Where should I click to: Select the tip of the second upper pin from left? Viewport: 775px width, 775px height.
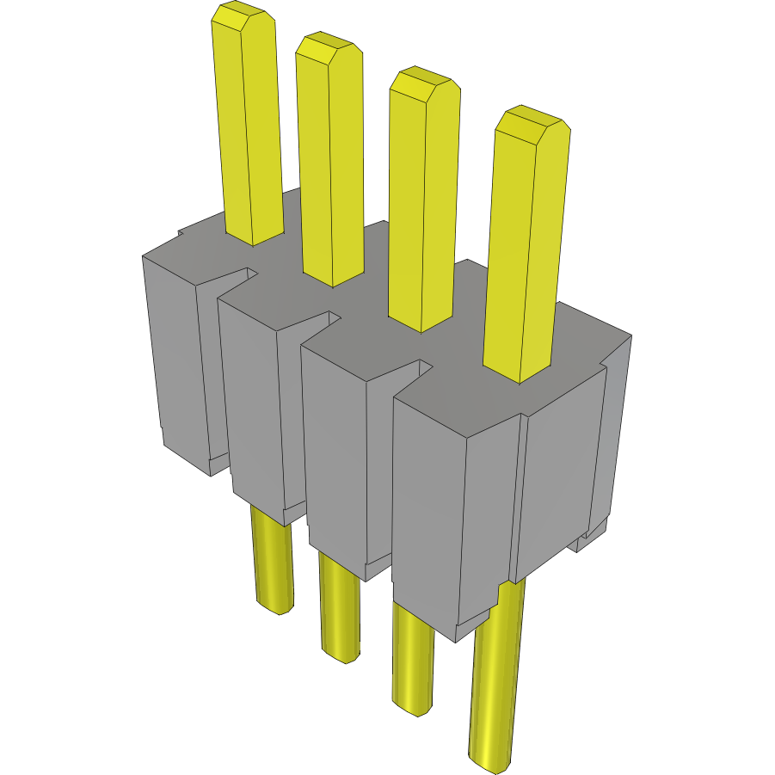point(323,48)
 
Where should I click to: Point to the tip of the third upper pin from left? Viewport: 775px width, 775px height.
point(421,83)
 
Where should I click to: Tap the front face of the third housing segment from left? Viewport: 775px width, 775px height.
point(335,456)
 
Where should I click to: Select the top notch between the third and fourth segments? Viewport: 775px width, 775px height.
point(421,368)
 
